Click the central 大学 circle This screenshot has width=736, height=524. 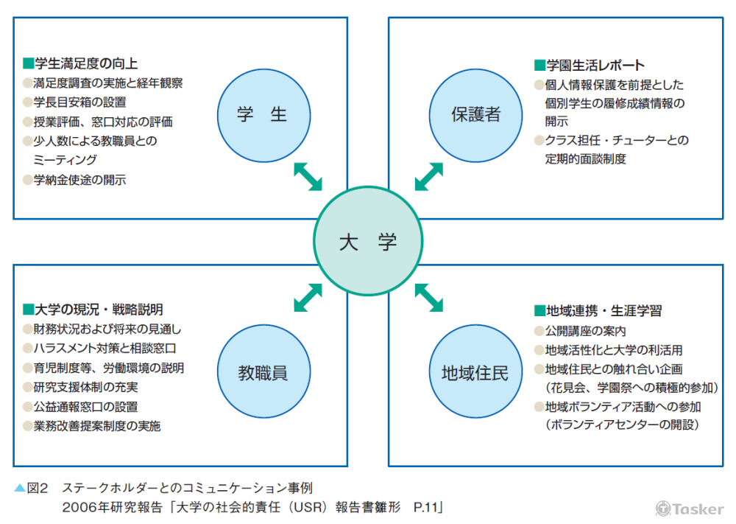368,242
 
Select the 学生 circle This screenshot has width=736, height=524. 262,114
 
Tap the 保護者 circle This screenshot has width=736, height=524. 475,114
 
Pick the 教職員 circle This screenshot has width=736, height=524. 262,372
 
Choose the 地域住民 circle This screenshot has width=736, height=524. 475,372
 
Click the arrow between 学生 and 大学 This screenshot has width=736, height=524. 308,177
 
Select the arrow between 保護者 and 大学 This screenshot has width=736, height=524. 429,177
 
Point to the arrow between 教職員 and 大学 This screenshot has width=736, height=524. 308,298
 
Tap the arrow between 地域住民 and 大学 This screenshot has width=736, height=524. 429,298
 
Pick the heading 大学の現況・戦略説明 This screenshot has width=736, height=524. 98,309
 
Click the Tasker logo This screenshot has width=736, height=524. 689,509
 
